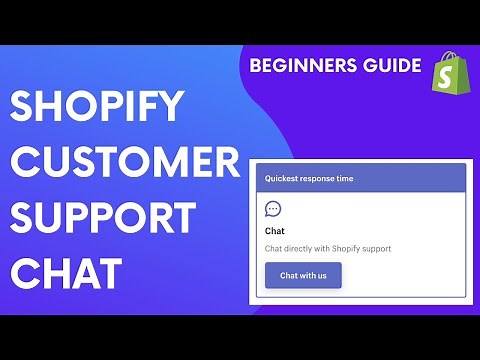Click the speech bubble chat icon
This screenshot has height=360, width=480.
(x=273, y=210)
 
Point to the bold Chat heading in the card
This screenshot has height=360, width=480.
(x=276, y=231)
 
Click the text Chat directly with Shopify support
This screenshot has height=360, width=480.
(x=327, y=248)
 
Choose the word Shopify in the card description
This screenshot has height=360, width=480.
(x=346, y=248)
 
